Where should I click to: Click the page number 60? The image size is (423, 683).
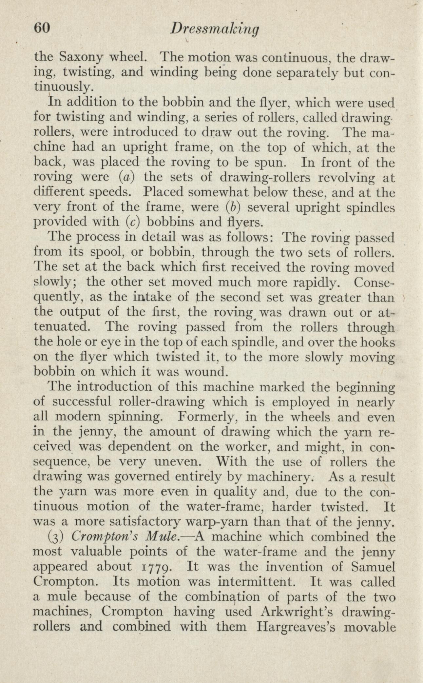(42, 29)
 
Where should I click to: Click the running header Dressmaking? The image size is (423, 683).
(215, 30)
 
